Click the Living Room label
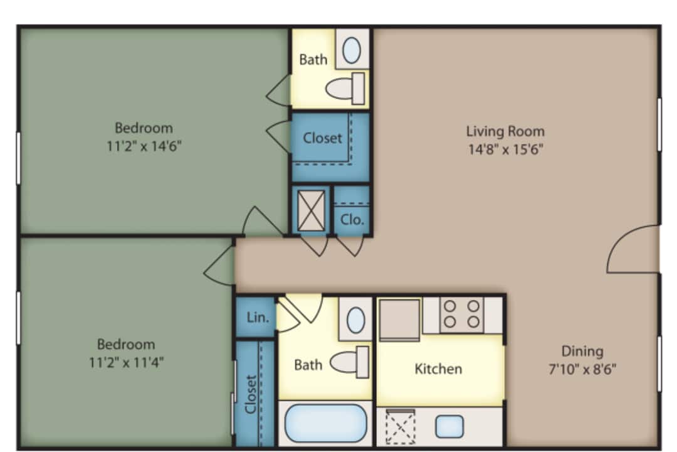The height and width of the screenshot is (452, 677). click(505, 131)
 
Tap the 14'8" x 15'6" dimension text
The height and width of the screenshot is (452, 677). click(506, 149)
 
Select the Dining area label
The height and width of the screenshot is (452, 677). click(582, 351)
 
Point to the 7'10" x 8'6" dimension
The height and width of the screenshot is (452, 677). click(582, 369)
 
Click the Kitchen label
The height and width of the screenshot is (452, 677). click(438, 369)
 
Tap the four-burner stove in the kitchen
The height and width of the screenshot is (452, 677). click(461, 315)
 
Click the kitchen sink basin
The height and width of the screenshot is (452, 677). click(449, 426)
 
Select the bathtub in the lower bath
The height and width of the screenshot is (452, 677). click(325, 423)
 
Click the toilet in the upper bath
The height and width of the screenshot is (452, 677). click(345, 89)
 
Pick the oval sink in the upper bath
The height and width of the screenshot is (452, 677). click(352, 51)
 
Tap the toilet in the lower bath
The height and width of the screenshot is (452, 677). click(349, 362)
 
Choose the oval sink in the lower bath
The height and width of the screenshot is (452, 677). click(356, 320)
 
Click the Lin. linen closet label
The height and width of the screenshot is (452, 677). click(258, 318)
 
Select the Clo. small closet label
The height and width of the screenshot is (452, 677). click(352, 220)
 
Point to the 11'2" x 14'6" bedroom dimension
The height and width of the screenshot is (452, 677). click(144, 146)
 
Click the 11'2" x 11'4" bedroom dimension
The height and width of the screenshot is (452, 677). click(126, 362)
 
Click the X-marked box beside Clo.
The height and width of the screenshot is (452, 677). click(311, 211)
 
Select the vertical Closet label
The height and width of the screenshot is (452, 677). click(251, 394)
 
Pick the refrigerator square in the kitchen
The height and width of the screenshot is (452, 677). click(399, 319)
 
